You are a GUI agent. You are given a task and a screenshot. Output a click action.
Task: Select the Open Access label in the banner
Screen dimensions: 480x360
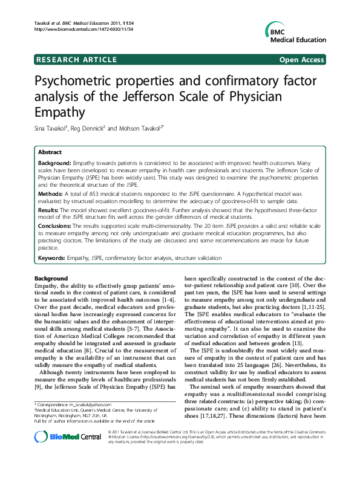[x=301, y=59]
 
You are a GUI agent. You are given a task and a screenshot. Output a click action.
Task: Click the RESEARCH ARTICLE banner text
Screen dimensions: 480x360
[x=77, y=59]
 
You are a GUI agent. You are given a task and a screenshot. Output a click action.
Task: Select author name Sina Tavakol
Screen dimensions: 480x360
[x=53, y=128]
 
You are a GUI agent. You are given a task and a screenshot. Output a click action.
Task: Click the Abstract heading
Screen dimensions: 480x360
[x=50, y=152]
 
